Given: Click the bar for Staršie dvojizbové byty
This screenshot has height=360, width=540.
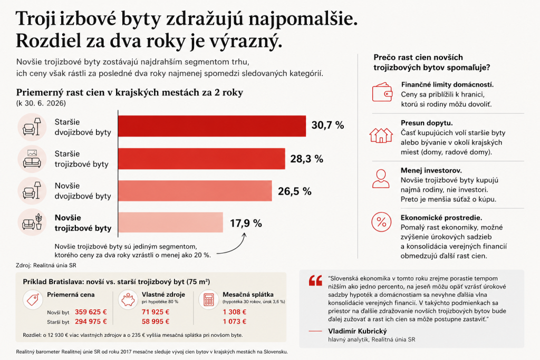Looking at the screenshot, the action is point(212,126).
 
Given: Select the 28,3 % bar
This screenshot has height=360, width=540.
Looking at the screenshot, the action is point(201,159).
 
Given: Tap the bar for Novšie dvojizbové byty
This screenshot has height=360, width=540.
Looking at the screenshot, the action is point(195,191).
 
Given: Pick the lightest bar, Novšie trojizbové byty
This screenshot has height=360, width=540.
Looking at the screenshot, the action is point(170,222).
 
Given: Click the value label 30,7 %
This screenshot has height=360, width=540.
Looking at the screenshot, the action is point(327,125).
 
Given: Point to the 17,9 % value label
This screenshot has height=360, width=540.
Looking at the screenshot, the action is point(246,223).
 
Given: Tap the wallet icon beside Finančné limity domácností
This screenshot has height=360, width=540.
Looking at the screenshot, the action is point(382,92).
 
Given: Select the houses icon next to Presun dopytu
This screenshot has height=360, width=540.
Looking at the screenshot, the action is point(381,135).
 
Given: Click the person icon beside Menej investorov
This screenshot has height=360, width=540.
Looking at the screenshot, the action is point(381,179).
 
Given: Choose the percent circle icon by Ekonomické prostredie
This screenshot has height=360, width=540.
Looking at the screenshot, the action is point(381,222).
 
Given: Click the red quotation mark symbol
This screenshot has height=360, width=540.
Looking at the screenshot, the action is point(315,280).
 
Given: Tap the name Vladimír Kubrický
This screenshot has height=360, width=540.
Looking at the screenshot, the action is point(358,331).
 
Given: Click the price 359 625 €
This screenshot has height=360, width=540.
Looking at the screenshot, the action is point(91,312).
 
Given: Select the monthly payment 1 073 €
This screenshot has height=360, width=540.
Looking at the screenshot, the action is point(235,322).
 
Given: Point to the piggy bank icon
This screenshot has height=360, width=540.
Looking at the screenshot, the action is point(128,299).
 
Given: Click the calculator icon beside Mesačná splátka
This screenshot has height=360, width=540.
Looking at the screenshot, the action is point(209,299).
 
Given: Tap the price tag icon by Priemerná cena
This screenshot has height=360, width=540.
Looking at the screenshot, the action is point(33,299).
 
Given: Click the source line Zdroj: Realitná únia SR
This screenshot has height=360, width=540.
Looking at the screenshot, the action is point(46,265).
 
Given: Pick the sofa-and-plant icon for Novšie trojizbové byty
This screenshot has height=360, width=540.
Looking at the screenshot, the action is point(32,222).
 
